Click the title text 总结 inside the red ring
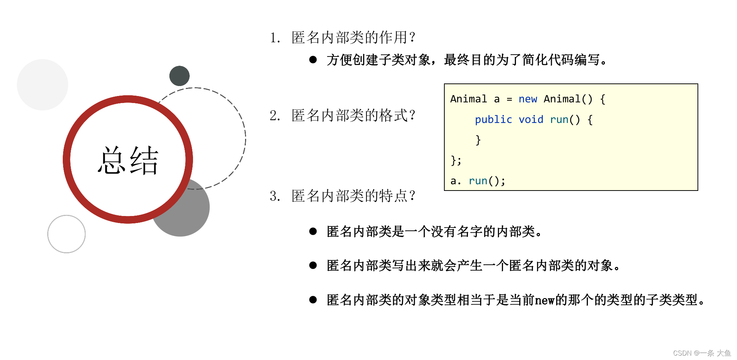pos(128,160)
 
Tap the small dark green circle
pos(179,76)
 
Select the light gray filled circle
pos(42,85)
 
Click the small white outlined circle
pos(66,234)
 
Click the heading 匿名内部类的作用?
pos(353,37)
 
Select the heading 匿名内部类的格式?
pos(353,116)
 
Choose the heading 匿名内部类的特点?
pos(353,196)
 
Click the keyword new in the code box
pos(527,99)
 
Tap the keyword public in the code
pos(493,120)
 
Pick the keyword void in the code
pos(531,120)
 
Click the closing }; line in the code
pos(456,161)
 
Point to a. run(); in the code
pos(478,181)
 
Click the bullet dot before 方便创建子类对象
pos(313,59)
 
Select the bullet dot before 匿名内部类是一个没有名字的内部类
pos(313,232)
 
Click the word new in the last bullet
pos(545,300)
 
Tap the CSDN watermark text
pos(702,353)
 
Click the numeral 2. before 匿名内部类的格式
pos(275,116)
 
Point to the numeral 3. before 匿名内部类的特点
pos(275,196)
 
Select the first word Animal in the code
pos(468,99)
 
